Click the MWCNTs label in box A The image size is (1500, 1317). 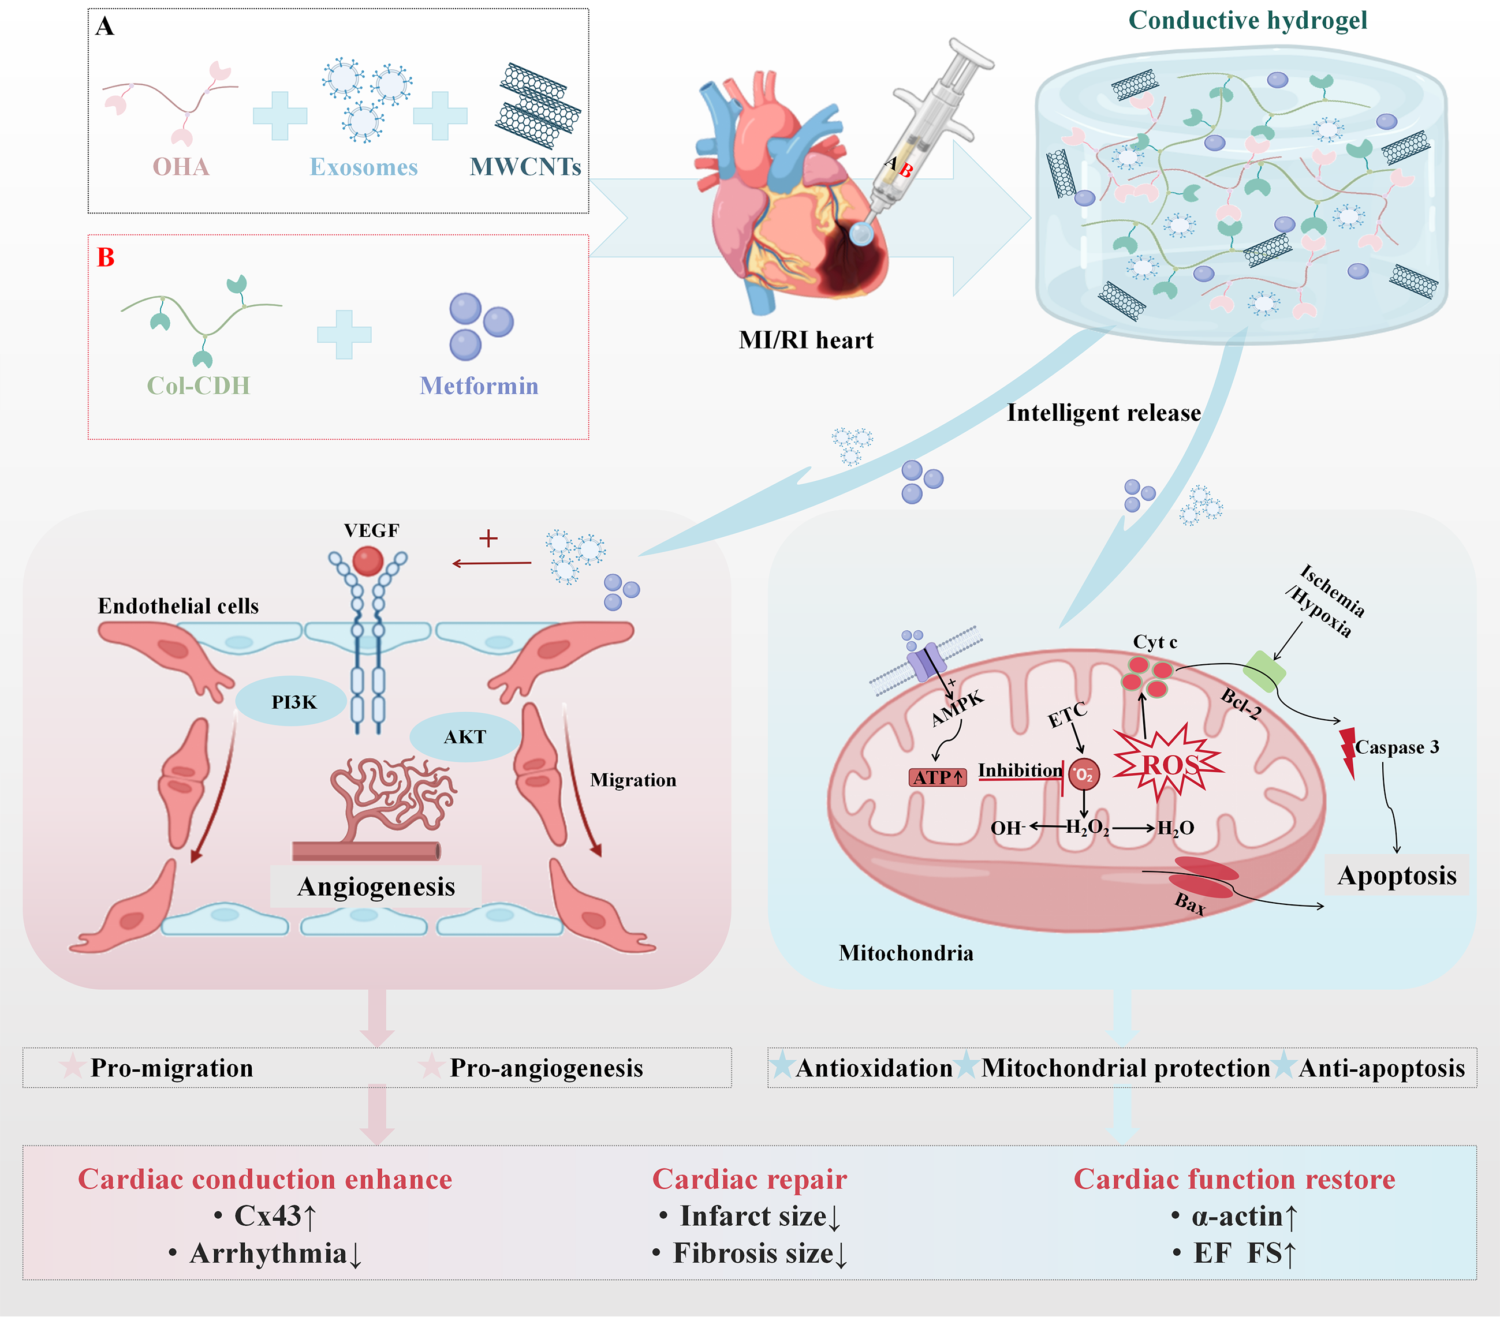[525, 167]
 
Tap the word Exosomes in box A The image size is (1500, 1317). [363, 167]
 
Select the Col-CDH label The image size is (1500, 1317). [198, 386]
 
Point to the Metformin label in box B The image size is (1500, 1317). [479, 386]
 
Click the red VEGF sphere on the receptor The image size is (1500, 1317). [368, 562]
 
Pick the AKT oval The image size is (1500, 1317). [465, 736]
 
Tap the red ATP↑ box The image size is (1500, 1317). [938, 777]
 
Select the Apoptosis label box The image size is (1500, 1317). [1397, 875]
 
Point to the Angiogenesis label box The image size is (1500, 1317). [376, 886]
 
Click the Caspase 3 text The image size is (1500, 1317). [1397, 747]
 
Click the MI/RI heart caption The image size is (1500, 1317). [806, 341]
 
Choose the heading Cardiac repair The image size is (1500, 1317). [749, 1180]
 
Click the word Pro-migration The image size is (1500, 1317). [171, 1068]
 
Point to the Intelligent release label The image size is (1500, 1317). [1103, 413]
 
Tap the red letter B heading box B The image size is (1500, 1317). [106, 257]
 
